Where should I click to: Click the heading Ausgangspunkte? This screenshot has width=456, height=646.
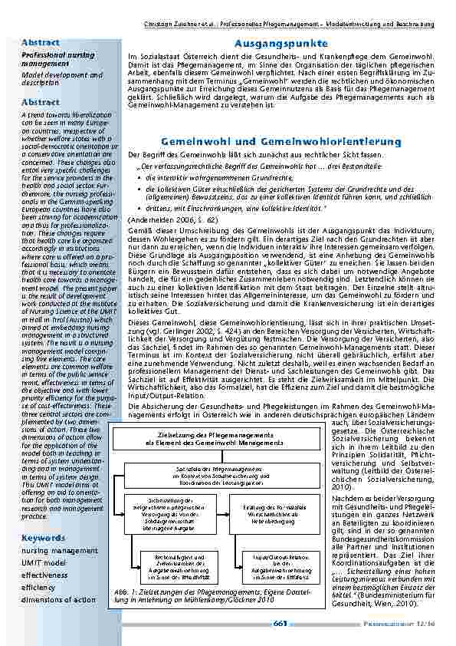[278, 44]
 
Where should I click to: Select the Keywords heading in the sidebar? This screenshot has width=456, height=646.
[43, 538]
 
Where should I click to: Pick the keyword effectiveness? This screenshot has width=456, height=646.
[44, 575]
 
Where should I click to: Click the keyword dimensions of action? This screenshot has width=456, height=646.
[58, 599]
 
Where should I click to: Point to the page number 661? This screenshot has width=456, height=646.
[280, 623]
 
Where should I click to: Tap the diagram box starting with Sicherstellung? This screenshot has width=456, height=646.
[160, 513]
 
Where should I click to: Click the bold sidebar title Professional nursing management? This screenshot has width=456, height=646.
[48, 61]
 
